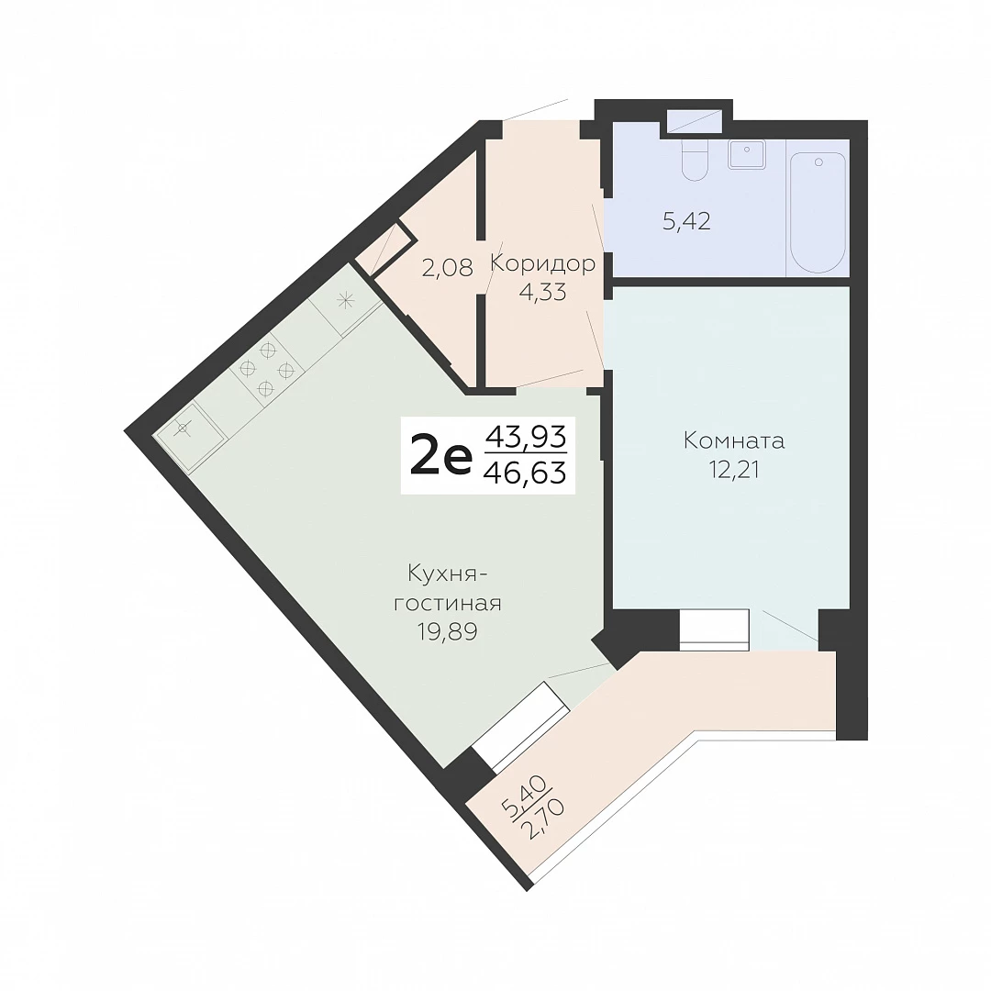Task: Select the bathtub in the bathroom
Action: [x=818, y=212]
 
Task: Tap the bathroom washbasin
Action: [x=747, y=154]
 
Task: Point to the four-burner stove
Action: [x=267, y=369]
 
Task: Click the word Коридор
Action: [x=543, y=263]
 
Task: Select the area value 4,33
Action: [x=542, y=292]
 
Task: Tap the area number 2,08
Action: [x=448, y=268]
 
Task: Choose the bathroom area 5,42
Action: [x=686, y=220]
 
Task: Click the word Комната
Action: [x=734, y=440]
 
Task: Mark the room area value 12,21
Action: [x=734, y=470]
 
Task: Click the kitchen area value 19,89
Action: [x=448, y=630]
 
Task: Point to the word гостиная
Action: [x=448, y=604]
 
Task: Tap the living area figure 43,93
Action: [x=525, y=436]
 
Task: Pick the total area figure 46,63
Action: [x=525, y=473]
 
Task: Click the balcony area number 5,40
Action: [x=522, y=797]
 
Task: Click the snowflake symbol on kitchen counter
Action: [x=345, y=300]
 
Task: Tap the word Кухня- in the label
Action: [x=448, y=575]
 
